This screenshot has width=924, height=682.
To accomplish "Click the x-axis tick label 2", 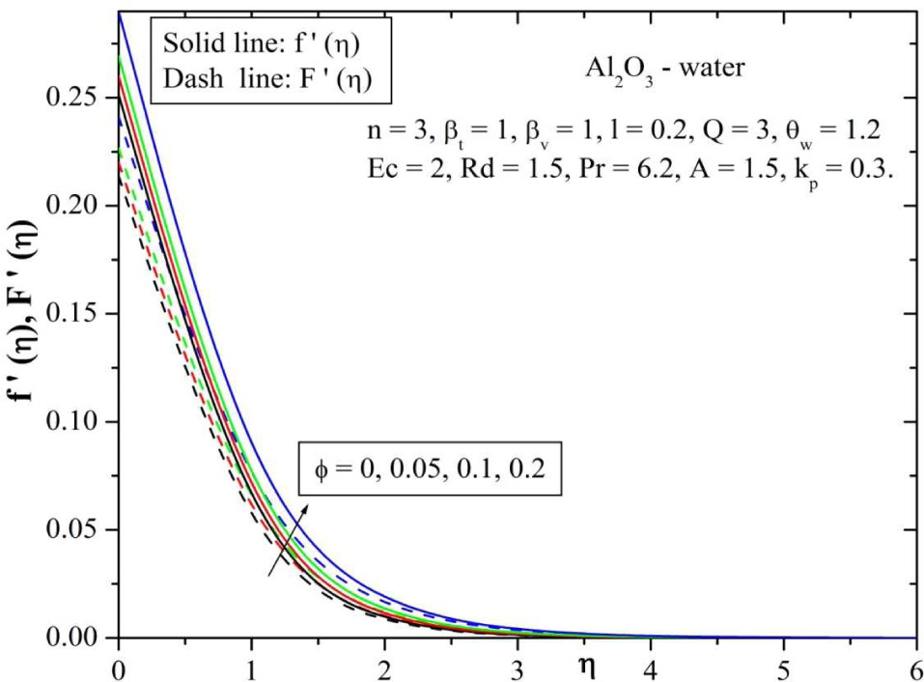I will [384, 667].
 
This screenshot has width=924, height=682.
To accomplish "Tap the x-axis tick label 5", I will [783, 667].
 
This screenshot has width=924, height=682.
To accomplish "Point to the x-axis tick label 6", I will [914, 667].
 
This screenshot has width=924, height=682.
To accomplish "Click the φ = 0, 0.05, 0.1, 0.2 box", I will [430, 470].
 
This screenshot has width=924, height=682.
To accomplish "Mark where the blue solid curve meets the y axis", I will [119, 13].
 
